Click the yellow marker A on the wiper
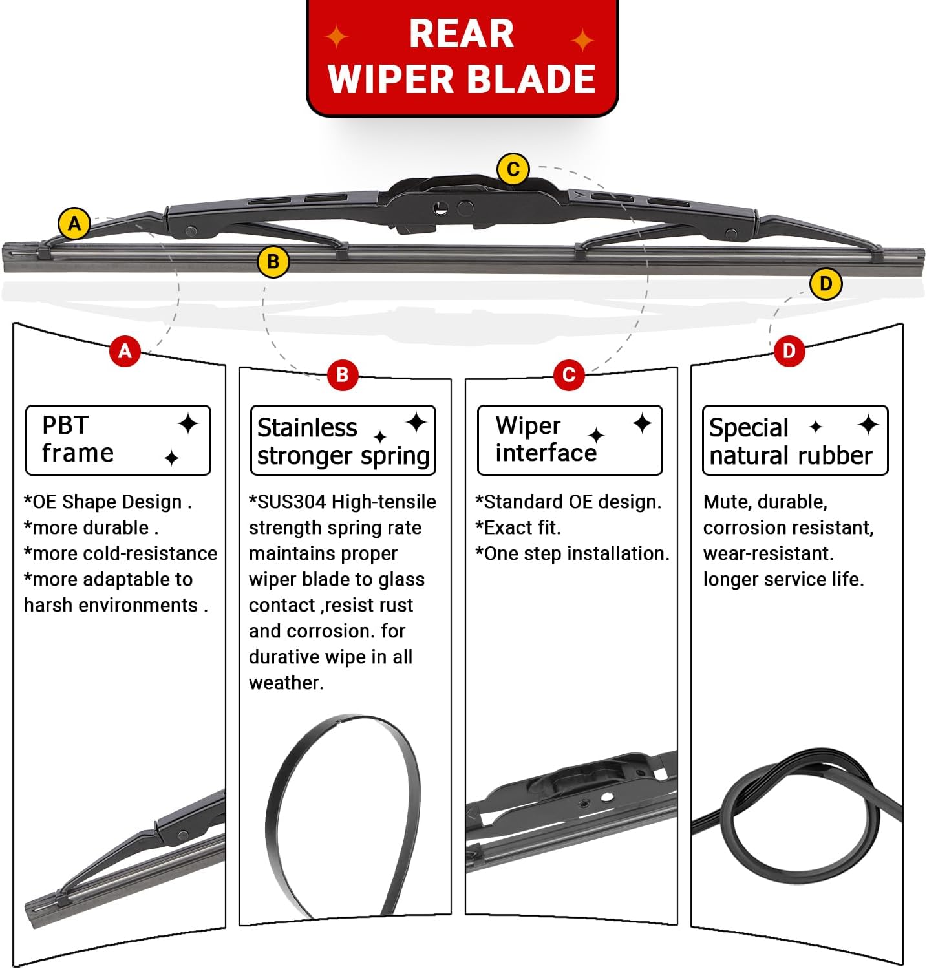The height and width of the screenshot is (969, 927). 74,224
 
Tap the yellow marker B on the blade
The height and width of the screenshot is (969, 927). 273,262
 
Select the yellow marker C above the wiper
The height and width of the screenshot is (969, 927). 513,169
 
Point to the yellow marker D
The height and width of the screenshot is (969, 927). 826,284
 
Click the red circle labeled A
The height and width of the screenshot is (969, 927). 125,351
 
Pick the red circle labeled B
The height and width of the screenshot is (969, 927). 342,375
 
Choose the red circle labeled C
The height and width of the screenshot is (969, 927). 569,375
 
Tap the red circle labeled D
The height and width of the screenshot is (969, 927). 789,351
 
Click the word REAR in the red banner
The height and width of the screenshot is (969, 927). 461,34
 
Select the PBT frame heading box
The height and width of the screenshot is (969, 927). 118,440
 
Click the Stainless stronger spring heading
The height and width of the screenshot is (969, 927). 343,441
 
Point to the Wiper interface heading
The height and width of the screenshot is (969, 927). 570,440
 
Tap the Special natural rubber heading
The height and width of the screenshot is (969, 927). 794,441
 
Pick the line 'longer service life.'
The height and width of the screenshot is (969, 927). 783,579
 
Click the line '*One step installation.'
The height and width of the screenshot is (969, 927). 572,553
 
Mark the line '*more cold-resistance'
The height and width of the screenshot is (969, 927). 121,553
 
